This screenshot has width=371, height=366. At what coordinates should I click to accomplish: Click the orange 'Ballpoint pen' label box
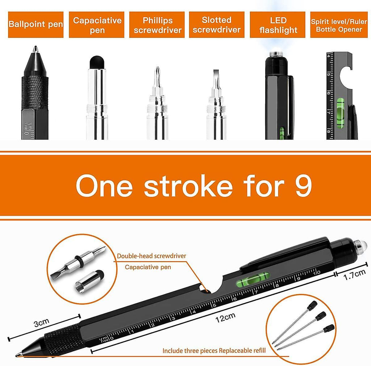36,25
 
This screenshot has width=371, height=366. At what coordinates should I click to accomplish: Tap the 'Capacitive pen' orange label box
96,25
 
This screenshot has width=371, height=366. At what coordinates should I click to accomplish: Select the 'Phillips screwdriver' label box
157,25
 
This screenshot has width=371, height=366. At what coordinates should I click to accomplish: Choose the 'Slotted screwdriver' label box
217,25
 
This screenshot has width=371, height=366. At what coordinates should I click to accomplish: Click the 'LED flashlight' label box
278,25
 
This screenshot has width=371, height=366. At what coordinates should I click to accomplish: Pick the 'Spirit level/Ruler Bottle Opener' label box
339,25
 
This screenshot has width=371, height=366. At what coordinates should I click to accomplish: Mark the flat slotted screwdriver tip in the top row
216,76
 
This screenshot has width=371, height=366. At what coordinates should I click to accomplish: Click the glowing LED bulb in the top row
276,52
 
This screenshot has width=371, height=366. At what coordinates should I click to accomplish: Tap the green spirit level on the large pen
253,278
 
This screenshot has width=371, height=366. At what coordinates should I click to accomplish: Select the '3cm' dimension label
41,323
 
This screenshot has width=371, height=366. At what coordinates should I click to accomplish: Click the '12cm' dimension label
225,317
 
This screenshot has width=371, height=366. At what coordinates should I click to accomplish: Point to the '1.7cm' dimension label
354,275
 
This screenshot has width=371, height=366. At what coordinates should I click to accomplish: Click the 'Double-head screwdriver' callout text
151,256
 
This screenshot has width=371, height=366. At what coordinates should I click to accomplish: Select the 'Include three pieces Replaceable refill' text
214,350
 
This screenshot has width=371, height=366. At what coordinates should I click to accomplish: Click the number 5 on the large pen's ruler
214,305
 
